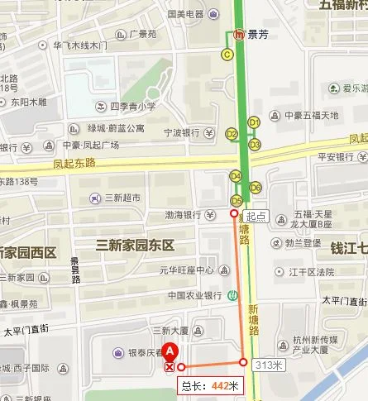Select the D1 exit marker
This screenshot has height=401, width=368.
255,122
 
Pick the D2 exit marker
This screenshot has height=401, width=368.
232,133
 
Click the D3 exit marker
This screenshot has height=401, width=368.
255,145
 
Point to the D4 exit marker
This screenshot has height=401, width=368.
236,175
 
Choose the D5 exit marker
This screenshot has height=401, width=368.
237,200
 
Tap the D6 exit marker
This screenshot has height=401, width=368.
256,187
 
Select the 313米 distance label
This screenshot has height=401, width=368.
269,364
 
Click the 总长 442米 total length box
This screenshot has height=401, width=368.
210,385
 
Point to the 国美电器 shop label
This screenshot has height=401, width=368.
186,14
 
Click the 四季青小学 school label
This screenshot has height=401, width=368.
132,107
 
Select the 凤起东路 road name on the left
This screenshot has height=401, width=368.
74,163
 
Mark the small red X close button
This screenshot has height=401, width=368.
170,365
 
